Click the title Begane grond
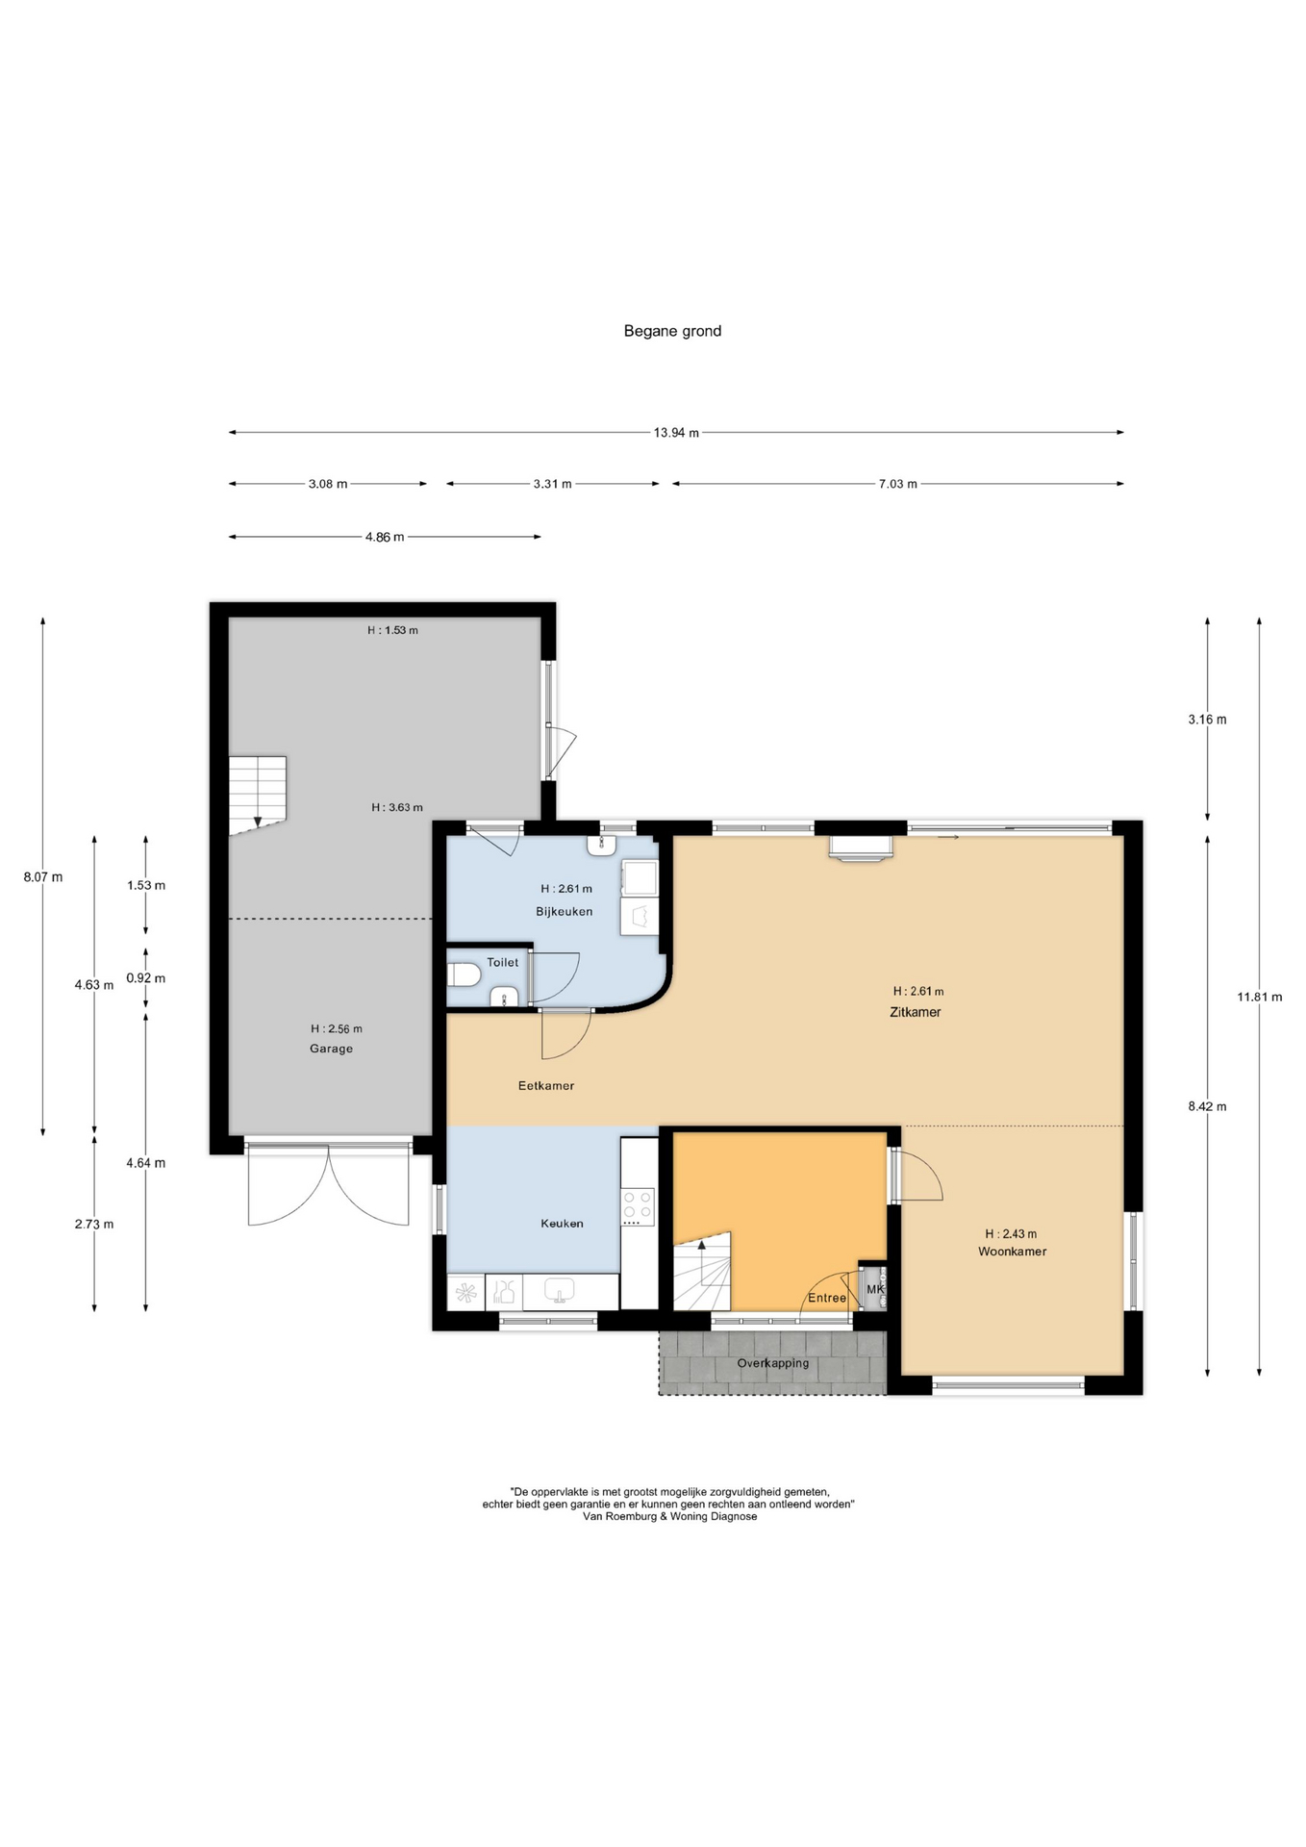[x=672, y=331]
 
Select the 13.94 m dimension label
[x=676, y=433]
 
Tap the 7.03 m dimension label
[x=897, y=484]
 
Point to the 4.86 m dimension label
[x=385, y=537]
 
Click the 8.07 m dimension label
[x=43, y=877]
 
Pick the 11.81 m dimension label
[x=1259, y=997]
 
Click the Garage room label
[x=331, y=1049]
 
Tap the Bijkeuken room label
[x=565, y=911]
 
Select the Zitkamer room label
[x=915, y=1012]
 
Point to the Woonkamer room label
[x=1012, y=1252]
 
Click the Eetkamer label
[x=546, y=1086]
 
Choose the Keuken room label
[x=562, y=1224]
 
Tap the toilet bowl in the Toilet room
[x=464, y=975]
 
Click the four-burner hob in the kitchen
[x=638, y=1206]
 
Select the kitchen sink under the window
[x=559, y=1290]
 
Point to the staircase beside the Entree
[x=702, y=1271]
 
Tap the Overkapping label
[x=773, y=1363]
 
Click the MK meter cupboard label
[x=875, y=1289]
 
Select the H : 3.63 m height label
[x=397, y=808]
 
